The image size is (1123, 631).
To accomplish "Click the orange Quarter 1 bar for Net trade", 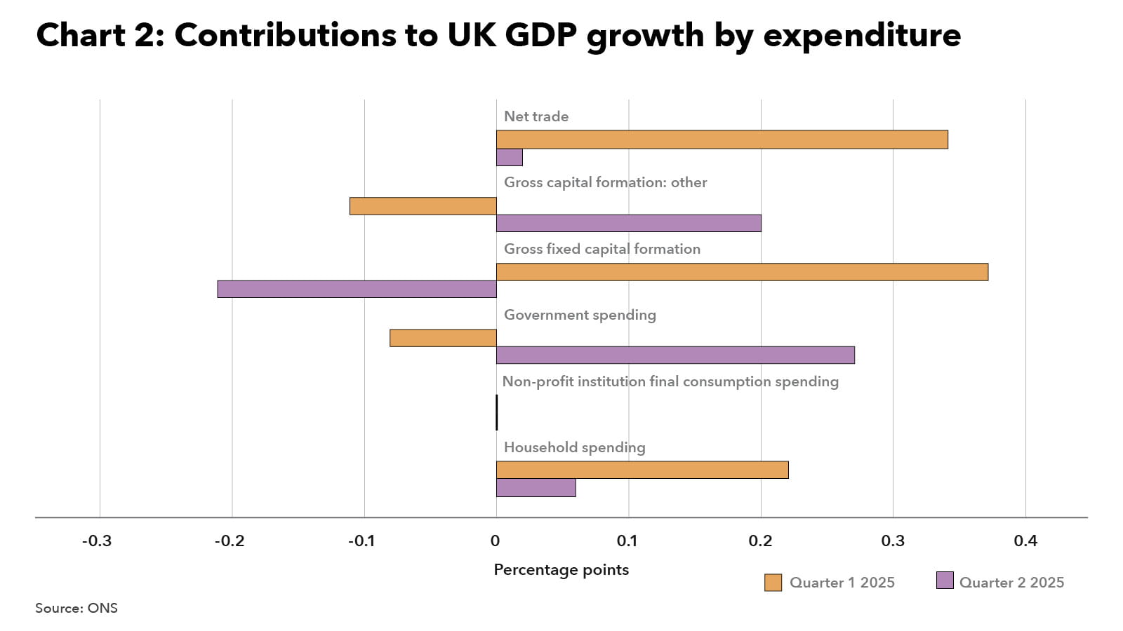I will click(x=722, y=140).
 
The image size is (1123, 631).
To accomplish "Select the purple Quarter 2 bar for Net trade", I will click(x=510, y=157).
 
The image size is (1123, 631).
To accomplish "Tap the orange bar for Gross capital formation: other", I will click(x=423, y=206).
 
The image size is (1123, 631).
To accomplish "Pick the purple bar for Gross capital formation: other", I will click(x=629, y=223).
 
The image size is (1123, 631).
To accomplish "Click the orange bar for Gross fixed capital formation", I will click(x=742, y=272).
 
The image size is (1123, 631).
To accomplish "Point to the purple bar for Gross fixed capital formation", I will click(x=357, y=289).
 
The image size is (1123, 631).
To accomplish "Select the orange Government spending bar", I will click(x=443, y=338).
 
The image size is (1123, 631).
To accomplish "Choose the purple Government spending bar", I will click(x=675, y=355).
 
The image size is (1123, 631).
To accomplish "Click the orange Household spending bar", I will click(x=642, y=470).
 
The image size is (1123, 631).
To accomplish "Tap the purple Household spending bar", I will click(x=536, y=487).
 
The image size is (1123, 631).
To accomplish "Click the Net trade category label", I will click(x=536, y=116).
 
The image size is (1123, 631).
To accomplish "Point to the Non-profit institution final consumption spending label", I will click(x=670, y=381).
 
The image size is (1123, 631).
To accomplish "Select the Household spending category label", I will click(x=574, y=447).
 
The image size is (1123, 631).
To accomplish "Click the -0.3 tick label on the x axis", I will click(x=97, y=541).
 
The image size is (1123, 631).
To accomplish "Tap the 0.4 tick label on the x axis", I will click(x=1025, y=541).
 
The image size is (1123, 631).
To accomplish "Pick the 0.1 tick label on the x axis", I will click(x=627, y=541).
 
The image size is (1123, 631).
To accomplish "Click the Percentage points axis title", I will click(x=561, y=569).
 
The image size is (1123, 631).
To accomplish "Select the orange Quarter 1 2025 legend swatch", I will click(x=773, y=583).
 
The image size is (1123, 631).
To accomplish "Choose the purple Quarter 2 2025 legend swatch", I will click(x=945, y=581).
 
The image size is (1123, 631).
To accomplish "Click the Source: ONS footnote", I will click(x=77, y=608).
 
